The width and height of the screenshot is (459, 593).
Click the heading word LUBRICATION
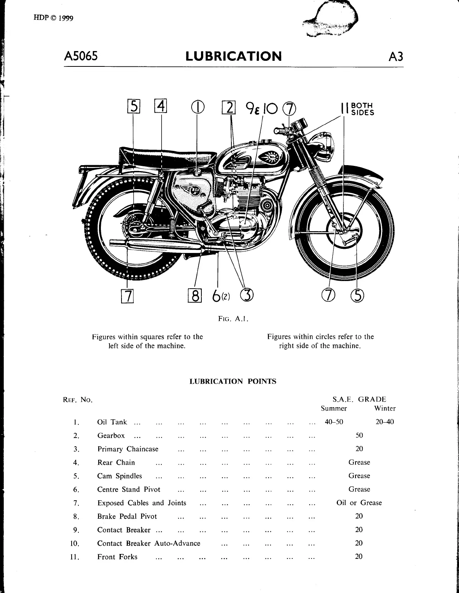coord(233,56)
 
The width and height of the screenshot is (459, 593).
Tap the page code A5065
coord(81,56)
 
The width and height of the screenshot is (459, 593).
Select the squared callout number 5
coord(133,107)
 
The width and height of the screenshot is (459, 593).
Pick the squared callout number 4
coord(160,107)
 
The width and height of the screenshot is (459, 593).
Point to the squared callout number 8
coord(195,296)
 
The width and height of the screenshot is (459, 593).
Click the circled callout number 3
coord(246,296)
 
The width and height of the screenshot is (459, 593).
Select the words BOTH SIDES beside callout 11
coord(362,109)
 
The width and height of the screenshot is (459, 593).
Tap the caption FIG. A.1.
coord(233,319)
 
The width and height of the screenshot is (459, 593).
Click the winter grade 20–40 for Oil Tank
coord(385,422)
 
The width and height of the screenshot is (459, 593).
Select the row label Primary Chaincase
coord(128,449)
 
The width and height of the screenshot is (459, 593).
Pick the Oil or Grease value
coord(359,503)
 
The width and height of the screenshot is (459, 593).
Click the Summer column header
coord(334,408)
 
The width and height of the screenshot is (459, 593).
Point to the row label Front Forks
coord(117,557)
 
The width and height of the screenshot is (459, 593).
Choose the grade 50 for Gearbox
coord(359,435)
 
